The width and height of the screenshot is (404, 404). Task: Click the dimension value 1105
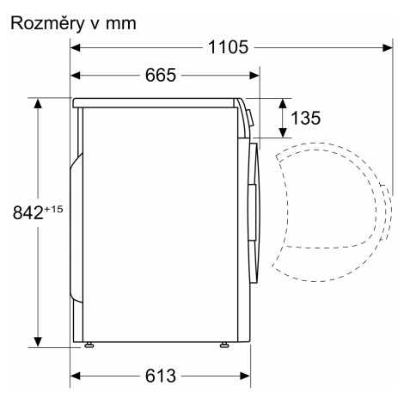tap(228, 47)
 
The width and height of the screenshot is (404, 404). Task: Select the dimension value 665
tap(161, 76)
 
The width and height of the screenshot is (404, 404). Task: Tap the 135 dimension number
tap(305, 118)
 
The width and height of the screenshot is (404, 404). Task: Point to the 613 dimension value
tap(161, 376)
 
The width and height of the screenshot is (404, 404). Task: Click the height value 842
tap(28, 212)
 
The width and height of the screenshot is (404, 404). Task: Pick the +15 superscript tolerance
tap(53, 209)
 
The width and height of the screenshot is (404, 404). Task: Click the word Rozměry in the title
tap(47, 24)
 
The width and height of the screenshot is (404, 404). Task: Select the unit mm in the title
tap(121, 24)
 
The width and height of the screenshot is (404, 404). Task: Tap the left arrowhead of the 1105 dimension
tap(75, 47)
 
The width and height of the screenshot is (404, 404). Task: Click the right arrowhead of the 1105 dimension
tap(388, 47)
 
